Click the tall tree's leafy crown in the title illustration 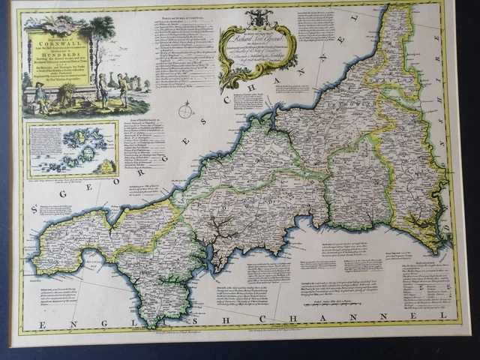point(100,30)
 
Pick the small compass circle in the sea point(184,112)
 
